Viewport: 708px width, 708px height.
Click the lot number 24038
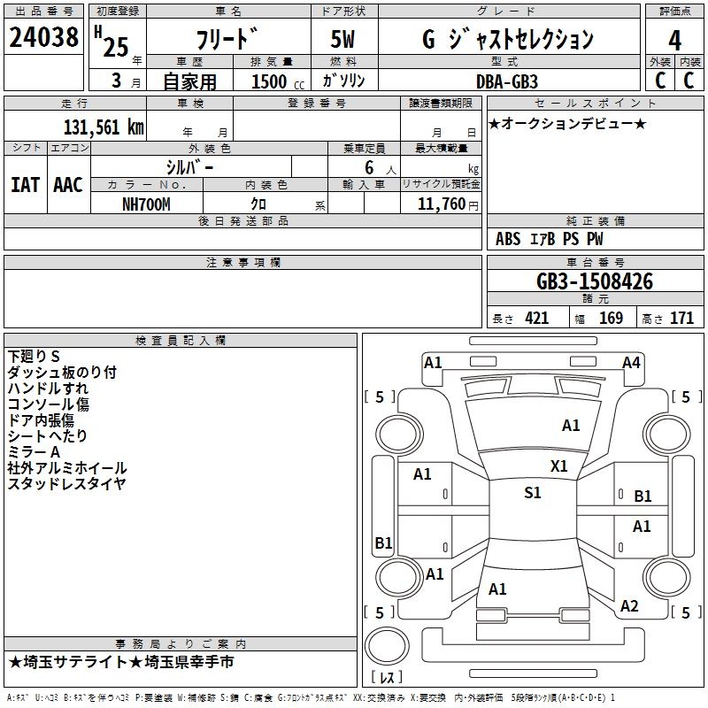(x=42, y=38)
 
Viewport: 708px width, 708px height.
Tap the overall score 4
(x=674, y=41)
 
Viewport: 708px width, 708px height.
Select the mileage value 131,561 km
(x=104, y=127)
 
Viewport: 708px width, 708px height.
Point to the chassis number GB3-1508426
(x=595, y=282)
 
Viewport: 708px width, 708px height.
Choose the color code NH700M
(x=146, y=204)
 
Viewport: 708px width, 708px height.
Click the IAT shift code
(x=25, y=184)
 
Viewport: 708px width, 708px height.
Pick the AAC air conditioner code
(x=67, y=184)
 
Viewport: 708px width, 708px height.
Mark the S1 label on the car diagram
(x=532, y=493)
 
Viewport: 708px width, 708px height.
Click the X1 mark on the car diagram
(x=559, y=466)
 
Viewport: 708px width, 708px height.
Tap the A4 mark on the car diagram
(x=631, y=362)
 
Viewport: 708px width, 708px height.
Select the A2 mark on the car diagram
(x=629, y=605)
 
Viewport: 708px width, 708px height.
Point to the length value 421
(x=536, y=319)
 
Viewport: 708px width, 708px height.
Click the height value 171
(x=681, y=319)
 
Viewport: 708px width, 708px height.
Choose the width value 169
(x=611, y=319)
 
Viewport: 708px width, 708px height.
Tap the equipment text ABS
(x=508, y=239)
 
